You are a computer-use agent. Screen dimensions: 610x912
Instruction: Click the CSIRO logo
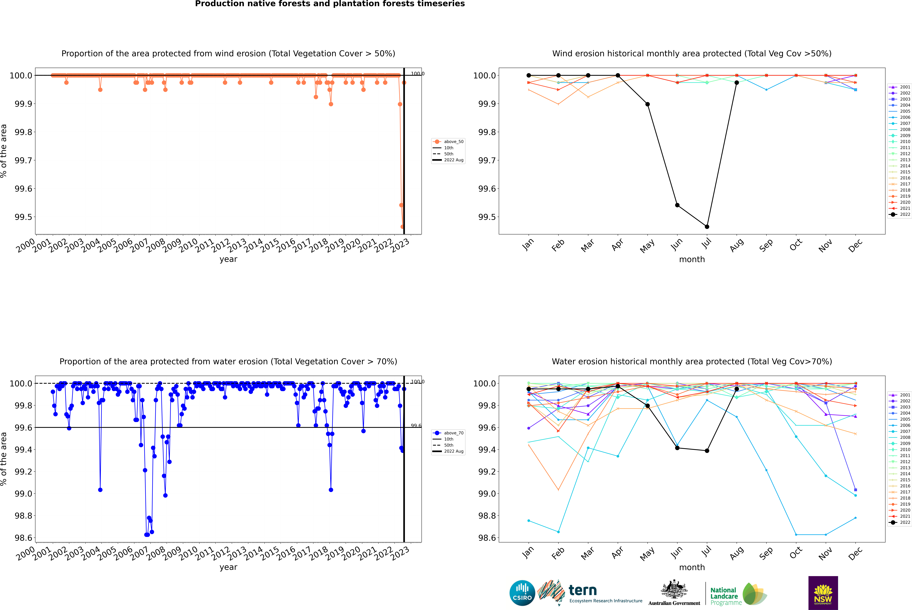point(522,593)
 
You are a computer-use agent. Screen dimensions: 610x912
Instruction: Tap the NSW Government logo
point(823,593)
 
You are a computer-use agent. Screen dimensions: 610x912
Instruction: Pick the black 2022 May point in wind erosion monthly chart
point(647,104)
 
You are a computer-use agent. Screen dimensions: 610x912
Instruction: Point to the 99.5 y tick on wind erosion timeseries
point(23,217)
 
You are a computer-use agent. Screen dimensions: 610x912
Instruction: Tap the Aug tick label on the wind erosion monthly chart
point(737,245)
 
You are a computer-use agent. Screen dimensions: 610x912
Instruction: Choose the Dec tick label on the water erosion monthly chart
point(855,553)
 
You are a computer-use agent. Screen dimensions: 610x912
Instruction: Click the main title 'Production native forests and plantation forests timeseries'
point(330,4)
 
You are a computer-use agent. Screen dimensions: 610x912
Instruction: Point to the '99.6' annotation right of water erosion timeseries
point(416,426)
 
